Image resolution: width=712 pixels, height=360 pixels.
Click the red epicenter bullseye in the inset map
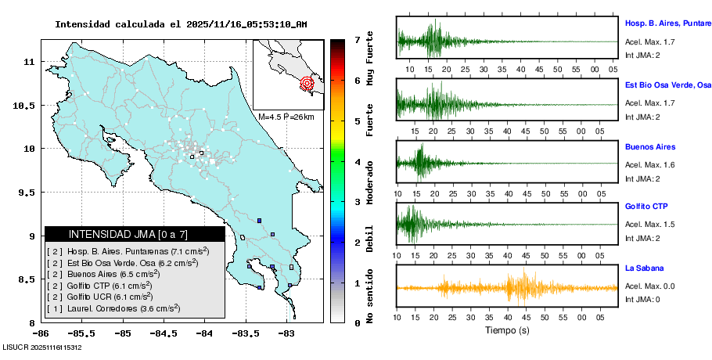(307, 82)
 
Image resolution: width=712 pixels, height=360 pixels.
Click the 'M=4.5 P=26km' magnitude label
(286, 117)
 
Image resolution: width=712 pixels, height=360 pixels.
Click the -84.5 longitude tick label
(163, 333)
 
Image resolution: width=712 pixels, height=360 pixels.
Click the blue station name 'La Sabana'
(644, 268)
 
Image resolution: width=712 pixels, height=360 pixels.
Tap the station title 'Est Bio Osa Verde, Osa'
(667, 84)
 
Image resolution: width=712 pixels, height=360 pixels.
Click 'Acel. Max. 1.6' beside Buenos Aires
(649, 164)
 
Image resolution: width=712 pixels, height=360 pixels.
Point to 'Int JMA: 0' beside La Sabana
(642, 299)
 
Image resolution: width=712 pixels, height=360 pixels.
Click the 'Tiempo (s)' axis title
(505, 330)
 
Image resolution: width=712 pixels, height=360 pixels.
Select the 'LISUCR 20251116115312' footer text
(42, 347)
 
